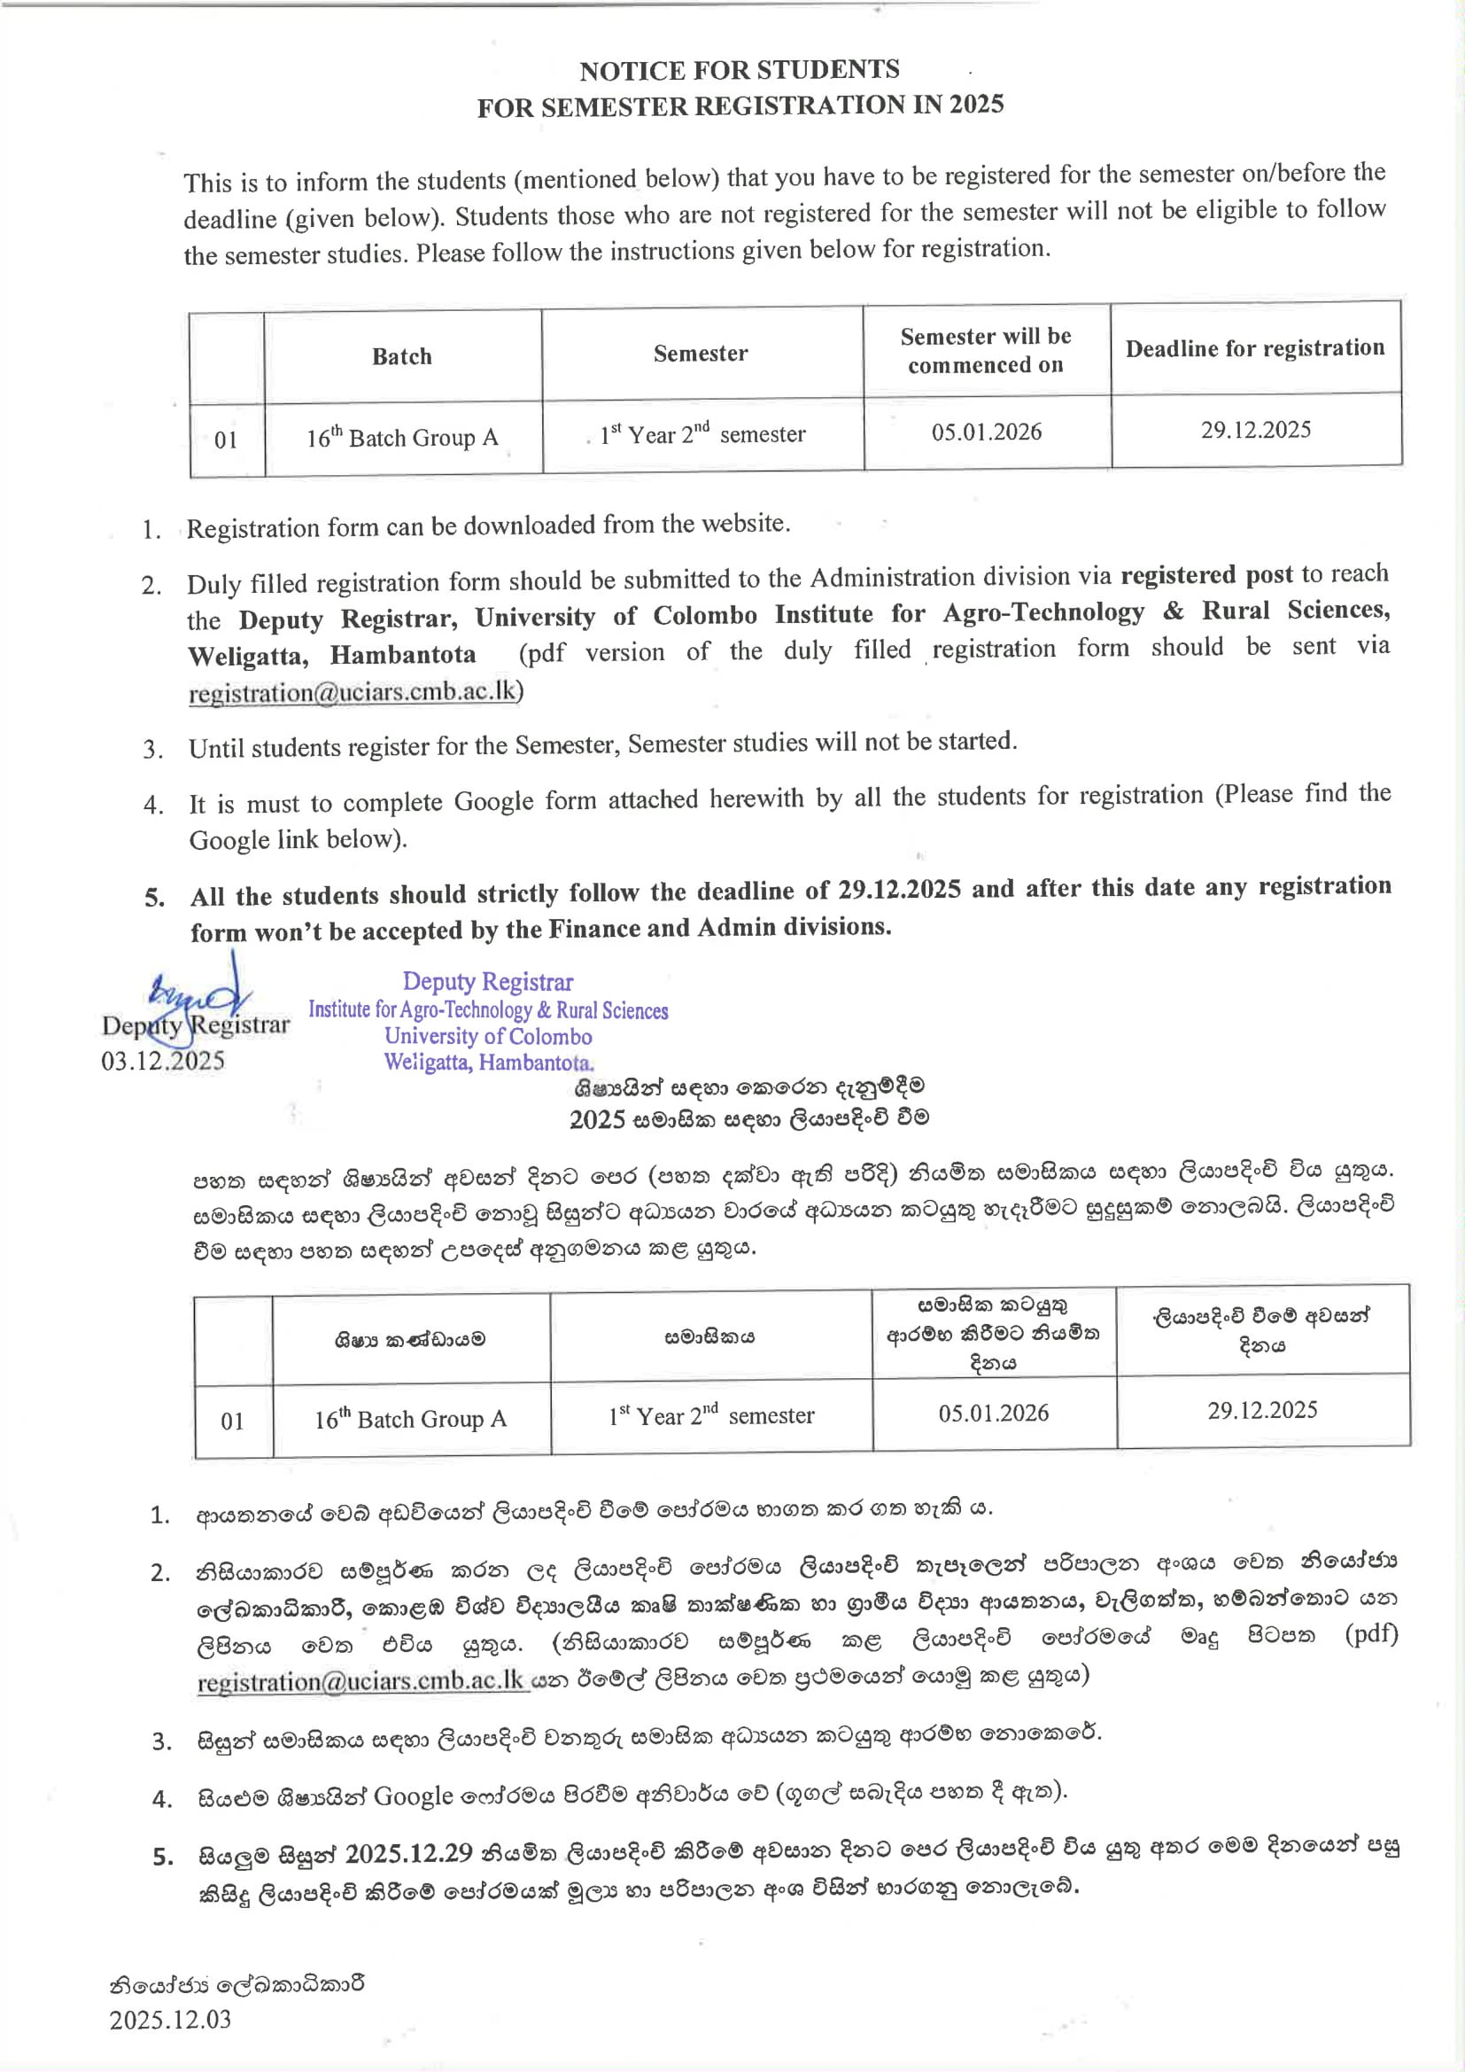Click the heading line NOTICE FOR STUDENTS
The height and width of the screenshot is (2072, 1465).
[x=739, y=69]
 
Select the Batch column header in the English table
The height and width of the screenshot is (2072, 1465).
[x=401, y=356]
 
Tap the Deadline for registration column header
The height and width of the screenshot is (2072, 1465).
[x=1254, y=348]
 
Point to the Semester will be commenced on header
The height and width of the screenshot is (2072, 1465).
[x=985, y=350]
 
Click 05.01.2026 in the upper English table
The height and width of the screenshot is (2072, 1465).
[x=986, y=432]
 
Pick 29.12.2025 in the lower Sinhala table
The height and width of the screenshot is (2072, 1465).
[x=1262, y=1410]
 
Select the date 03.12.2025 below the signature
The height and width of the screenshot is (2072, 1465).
[x=162, y=1060]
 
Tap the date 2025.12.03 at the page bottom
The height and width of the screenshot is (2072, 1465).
[x=170, y=2019]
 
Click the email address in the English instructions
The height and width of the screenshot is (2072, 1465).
[x=354, y=692]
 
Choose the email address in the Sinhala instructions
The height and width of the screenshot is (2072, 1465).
[x=360, y=1680]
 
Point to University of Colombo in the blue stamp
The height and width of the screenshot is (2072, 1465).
[x=488, y=1036]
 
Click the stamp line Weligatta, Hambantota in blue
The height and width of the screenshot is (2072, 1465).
[x=488, y=1063]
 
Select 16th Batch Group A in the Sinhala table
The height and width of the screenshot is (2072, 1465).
[x=409, y=1419]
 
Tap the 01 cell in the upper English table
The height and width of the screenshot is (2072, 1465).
[x=226, y=440]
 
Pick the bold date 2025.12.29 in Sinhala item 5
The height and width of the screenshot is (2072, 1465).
[x=408, y=1853]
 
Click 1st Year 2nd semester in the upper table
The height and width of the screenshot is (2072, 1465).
[x=702, y=434]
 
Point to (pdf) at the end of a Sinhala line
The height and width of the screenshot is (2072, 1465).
[x=1370, y=1633]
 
